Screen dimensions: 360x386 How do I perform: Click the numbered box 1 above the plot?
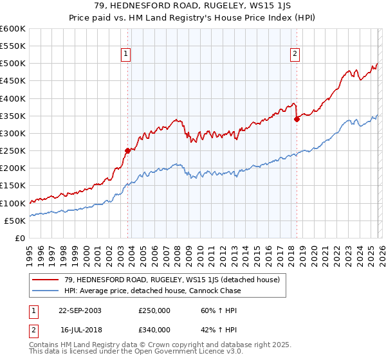[x=127, y=54]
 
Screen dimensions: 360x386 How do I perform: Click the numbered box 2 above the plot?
[x=295, y=54]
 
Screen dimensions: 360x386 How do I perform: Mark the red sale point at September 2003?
[x=127, y=150]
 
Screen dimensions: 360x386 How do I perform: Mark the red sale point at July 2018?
[x=297, y=119]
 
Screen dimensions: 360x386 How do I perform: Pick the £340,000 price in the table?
[x=154, y=330]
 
